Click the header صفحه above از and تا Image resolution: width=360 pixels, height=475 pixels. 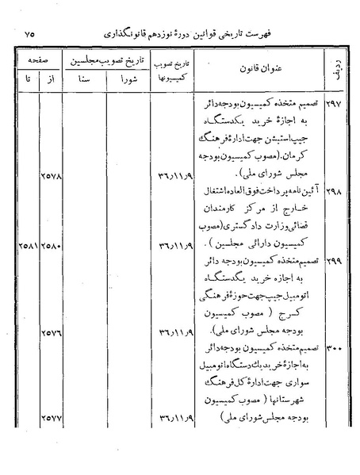coord(36,60)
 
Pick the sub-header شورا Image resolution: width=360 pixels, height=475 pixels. coord(130,80)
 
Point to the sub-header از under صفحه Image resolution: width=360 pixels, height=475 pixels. coord(51,80)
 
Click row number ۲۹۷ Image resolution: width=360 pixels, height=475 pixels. coord(331,105)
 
